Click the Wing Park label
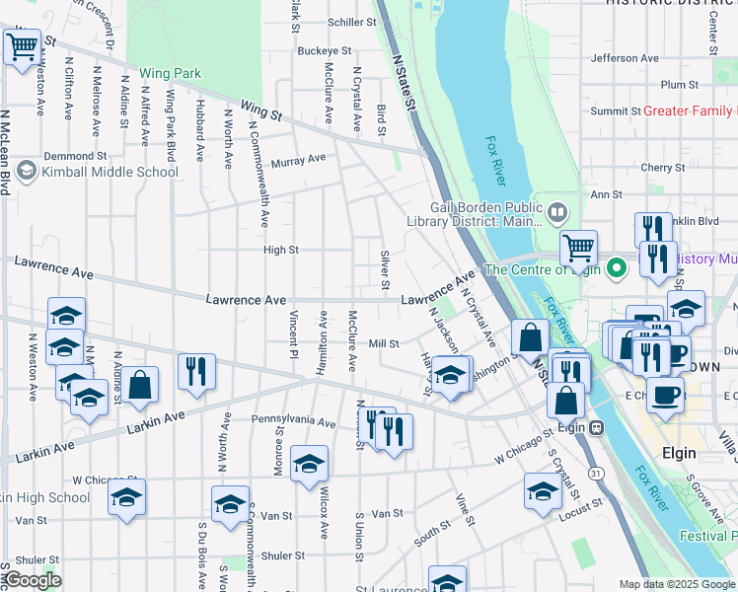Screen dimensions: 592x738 click(x=170, y=73)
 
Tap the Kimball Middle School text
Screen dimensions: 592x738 click(x=111, y=172)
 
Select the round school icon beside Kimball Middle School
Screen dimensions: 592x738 click(x=26, y=172)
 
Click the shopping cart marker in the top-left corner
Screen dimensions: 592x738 click(x=22, y=45)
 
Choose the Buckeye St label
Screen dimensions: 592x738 click(x=324, y=50)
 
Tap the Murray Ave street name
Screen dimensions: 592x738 click(x=298, y=159)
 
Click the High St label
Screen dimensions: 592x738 click(x=280, y=251)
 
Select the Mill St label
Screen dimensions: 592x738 click(x=383, y=344)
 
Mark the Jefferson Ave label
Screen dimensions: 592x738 click(x=624, y=58)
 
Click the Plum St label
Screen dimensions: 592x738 click(x=680, y=85)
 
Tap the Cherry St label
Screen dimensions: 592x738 click(x=655, y=168)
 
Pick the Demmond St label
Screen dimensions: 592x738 click(x=74, y=156)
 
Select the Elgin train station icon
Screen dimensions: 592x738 click(x=596, y=428)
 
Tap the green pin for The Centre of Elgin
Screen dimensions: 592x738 click(x=618, y=268)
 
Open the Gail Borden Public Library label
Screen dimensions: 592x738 click(x=485, y=214)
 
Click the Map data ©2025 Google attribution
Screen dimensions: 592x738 click(x=677, y=584)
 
